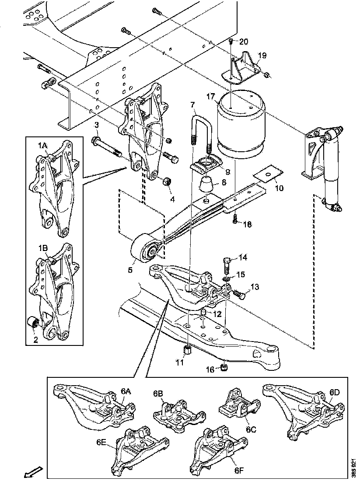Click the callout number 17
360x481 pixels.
[x=211, y=96]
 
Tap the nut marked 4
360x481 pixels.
[x=167, y=181]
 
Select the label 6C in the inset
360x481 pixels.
[x=251, y=429]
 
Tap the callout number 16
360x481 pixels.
[x=210, y=370]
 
